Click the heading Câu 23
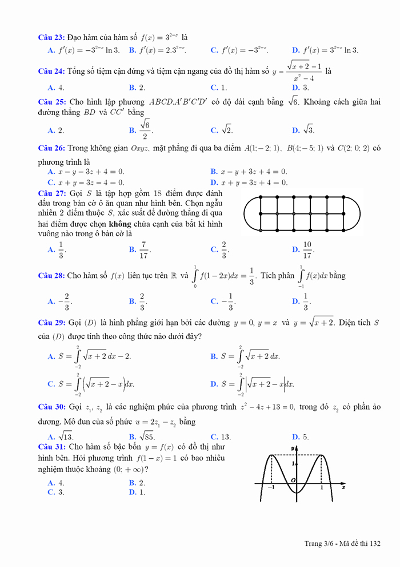pos(51,37)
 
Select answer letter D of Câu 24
pos(295,88)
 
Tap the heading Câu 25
pos(51,102)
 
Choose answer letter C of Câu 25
pos(214,130)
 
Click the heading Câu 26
pos(51,148)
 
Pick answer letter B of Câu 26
pos(214,172)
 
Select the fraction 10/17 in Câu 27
pos(307,249)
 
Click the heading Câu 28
pos(51,276)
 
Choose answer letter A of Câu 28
pos(51,301)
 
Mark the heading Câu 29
pos(51,323)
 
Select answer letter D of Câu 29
pos(214,384)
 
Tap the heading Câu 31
pos(51,446)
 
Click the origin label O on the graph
pos(293,479)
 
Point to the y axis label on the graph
pos(292,447)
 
